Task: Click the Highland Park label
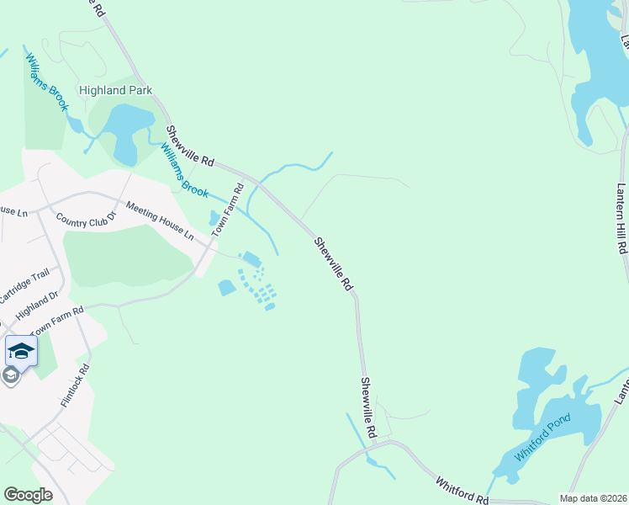(114, 89)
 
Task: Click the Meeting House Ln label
(160, 221)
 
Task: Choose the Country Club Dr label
(84, 218)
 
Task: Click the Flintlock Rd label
(75, 386)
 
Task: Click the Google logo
(28, 495)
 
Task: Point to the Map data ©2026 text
(594, 498)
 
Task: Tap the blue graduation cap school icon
(21, 351)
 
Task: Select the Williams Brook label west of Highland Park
(45, 82)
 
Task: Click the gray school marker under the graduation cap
(11, 375)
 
